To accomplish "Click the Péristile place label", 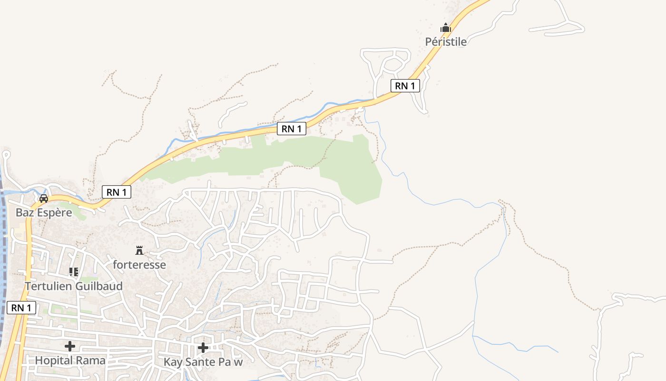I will coord(446,41).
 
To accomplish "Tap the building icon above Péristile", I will coord(445,28).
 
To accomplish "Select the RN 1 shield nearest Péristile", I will coord(405,86).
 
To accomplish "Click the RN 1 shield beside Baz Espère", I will coord(117,192).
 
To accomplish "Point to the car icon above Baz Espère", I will coord(44,198).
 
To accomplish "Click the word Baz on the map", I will coord(25,212).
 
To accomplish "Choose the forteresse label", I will coord(139,264).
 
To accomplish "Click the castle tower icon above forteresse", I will coord(139,251).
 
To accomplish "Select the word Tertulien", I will coord(48,286).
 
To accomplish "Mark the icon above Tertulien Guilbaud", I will coord(74,272).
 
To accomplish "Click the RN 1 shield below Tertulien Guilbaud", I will coord(21,308).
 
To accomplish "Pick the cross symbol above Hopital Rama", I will coord(70,346).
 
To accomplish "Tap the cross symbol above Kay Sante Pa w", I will coord(203,348).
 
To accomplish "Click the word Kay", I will coord(172,362).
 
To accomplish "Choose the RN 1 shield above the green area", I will coord(291,129).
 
